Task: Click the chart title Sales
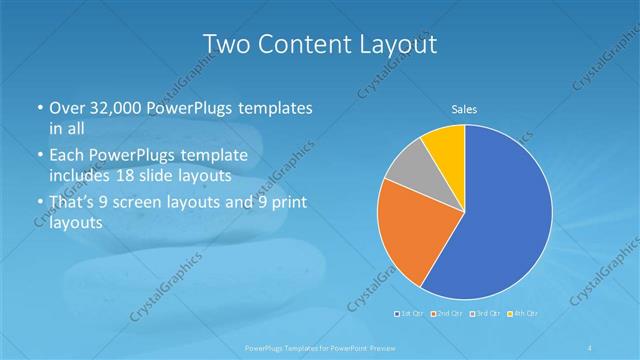464,108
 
